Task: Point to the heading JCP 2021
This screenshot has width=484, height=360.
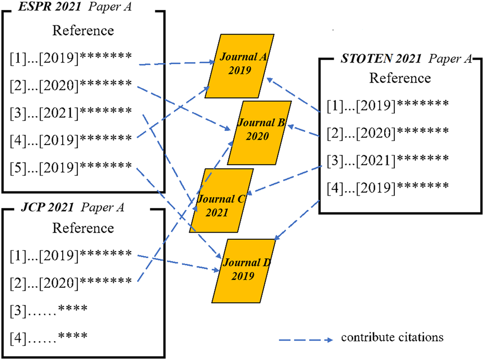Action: [x=43, y=207]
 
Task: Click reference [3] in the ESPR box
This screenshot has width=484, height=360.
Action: [x=71, y=111]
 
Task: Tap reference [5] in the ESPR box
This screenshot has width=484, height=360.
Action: [x=71, y=166]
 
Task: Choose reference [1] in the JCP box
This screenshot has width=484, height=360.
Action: [x=71, y=253]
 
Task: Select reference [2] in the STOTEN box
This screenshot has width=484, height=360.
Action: [x=388, y=132]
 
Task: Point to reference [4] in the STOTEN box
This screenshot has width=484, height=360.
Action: [x=388, y=186]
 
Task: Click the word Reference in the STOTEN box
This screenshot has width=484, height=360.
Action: [x=400, y=78]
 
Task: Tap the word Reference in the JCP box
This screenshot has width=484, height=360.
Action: [x=83, y=227]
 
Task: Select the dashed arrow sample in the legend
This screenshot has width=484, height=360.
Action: [x=305, y=338]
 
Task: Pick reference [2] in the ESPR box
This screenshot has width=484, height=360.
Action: [x=71, y=84]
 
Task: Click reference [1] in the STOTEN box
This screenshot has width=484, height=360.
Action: [x=388, y=105]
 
